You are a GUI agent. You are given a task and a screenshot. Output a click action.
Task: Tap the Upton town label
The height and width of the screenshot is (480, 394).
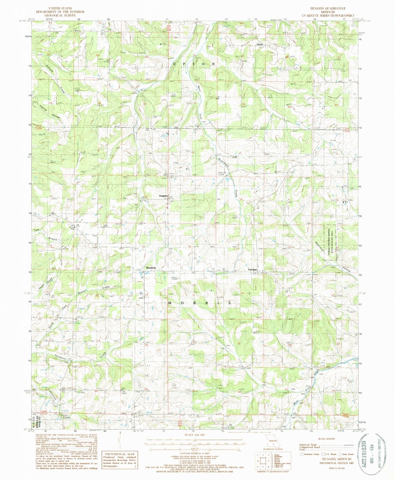point(260,44)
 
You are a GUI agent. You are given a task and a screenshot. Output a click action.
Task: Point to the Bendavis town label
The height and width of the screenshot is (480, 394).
point(151,268)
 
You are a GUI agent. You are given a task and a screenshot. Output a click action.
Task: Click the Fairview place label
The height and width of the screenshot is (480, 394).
point(253,270)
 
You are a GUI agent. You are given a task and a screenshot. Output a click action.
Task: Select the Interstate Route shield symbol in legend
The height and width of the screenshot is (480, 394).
point(302,454)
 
